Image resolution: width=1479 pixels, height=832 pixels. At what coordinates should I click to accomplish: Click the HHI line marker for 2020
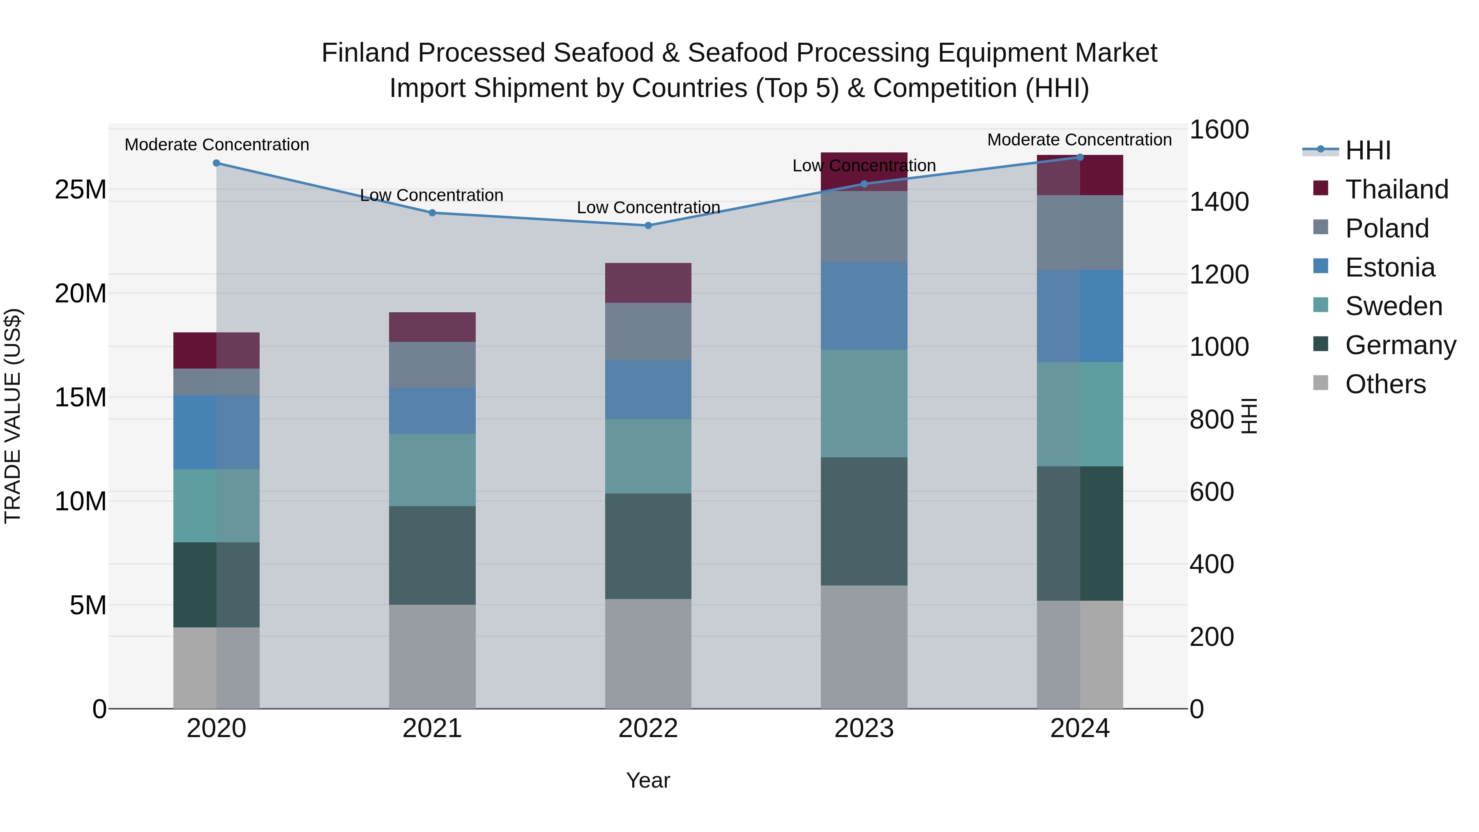217,163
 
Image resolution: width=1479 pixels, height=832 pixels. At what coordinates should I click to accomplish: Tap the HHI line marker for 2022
648,226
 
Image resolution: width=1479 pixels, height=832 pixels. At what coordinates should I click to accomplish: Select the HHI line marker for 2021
432,213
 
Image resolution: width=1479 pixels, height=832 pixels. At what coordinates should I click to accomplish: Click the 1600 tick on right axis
1219,130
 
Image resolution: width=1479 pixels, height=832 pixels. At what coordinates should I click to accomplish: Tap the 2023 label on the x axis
864,728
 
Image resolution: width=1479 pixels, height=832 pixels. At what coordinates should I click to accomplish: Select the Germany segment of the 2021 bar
432,555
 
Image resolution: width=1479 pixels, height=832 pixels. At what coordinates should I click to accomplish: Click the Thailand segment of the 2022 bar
648,283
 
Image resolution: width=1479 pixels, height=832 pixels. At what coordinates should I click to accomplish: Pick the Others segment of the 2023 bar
864,647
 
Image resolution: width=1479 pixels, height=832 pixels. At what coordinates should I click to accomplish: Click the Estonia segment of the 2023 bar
864,306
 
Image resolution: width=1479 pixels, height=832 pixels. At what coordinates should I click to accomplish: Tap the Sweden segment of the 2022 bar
648,456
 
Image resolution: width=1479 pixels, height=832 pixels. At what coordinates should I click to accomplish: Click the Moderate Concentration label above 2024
1079,140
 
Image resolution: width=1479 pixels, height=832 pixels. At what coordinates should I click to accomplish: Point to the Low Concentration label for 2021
431,195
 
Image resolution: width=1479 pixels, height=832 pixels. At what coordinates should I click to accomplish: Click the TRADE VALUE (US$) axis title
13,416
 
